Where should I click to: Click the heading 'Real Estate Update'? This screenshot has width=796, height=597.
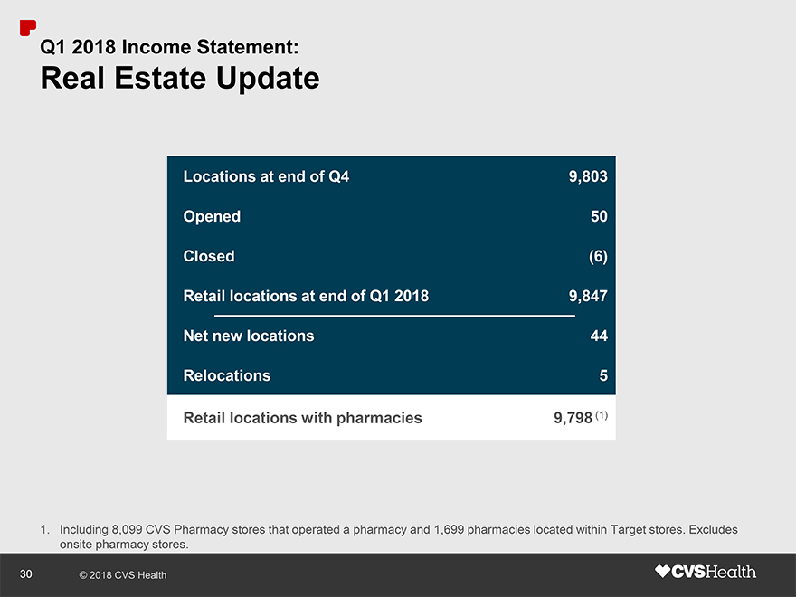180,79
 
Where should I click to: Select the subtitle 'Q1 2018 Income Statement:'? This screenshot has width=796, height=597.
169,44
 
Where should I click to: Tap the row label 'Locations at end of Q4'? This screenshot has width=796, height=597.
266,176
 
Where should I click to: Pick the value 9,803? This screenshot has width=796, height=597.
588,176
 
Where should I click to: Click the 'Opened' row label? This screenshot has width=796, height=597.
212,216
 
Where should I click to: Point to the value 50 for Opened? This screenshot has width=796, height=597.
599,216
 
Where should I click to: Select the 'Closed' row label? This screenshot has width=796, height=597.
209,256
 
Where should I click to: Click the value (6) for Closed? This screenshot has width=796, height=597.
598,256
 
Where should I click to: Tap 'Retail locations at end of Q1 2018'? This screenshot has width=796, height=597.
306,296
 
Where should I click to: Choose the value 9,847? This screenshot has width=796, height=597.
588,296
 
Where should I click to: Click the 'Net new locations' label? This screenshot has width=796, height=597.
249,336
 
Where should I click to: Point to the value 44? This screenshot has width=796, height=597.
599,336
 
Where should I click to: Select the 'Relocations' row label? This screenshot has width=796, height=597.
227,375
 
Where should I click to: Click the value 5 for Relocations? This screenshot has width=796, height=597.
603,375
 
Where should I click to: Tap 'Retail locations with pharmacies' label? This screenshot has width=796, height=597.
302,418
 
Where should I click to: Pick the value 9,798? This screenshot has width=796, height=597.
573,418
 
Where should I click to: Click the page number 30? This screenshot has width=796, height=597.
26,573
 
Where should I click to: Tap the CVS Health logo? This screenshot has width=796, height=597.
706,572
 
